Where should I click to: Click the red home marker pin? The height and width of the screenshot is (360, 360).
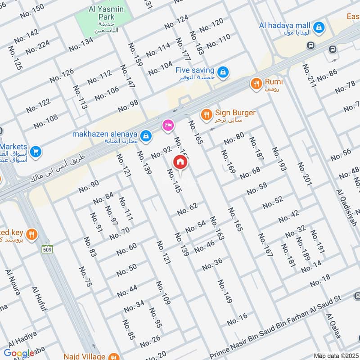(x=180, y=162)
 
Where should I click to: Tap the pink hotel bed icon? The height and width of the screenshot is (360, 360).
(x=167, y=126)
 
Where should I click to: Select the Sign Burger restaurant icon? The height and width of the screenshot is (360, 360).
(x=206, y=114)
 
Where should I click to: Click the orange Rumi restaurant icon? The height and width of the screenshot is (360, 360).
(x=256, y=83)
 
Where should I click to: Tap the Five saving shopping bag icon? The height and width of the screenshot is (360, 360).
(x=222, y=72)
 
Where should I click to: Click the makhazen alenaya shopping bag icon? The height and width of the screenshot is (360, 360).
(x=145, y=135)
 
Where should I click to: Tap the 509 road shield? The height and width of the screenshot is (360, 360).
(x=46, y=248)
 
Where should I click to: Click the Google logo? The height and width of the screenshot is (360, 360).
(x=19, y=353)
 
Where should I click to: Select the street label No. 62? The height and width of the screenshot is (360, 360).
(x=187, y=209)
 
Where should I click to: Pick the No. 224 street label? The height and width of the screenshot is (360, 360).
(x=38, y=47)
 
